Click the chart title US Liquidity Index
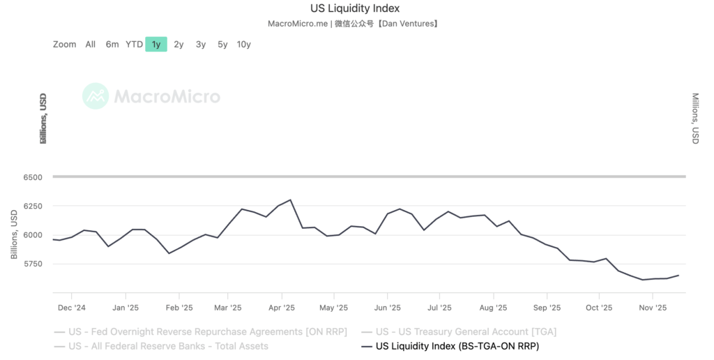355,8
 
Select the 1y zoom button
156,45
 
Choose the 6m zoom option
112,45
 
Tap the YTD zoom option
134,45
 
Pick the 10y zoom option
243,45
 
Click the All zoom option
91,45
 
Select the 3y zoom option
201,45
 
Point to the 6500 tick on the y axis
33,177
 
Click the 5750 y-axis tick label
33,264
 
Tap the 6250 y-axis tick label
33,207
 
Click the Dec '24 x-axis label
71,307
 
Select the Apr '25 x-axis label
281,307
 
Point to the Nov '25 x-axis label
653,307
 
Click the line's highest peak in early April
290,200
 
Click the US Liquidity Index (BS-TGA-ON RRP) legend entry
457,346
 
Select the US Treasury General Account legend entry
466,332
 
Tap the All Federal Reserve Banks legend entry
168,346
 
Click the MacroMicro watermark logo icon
96,96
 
